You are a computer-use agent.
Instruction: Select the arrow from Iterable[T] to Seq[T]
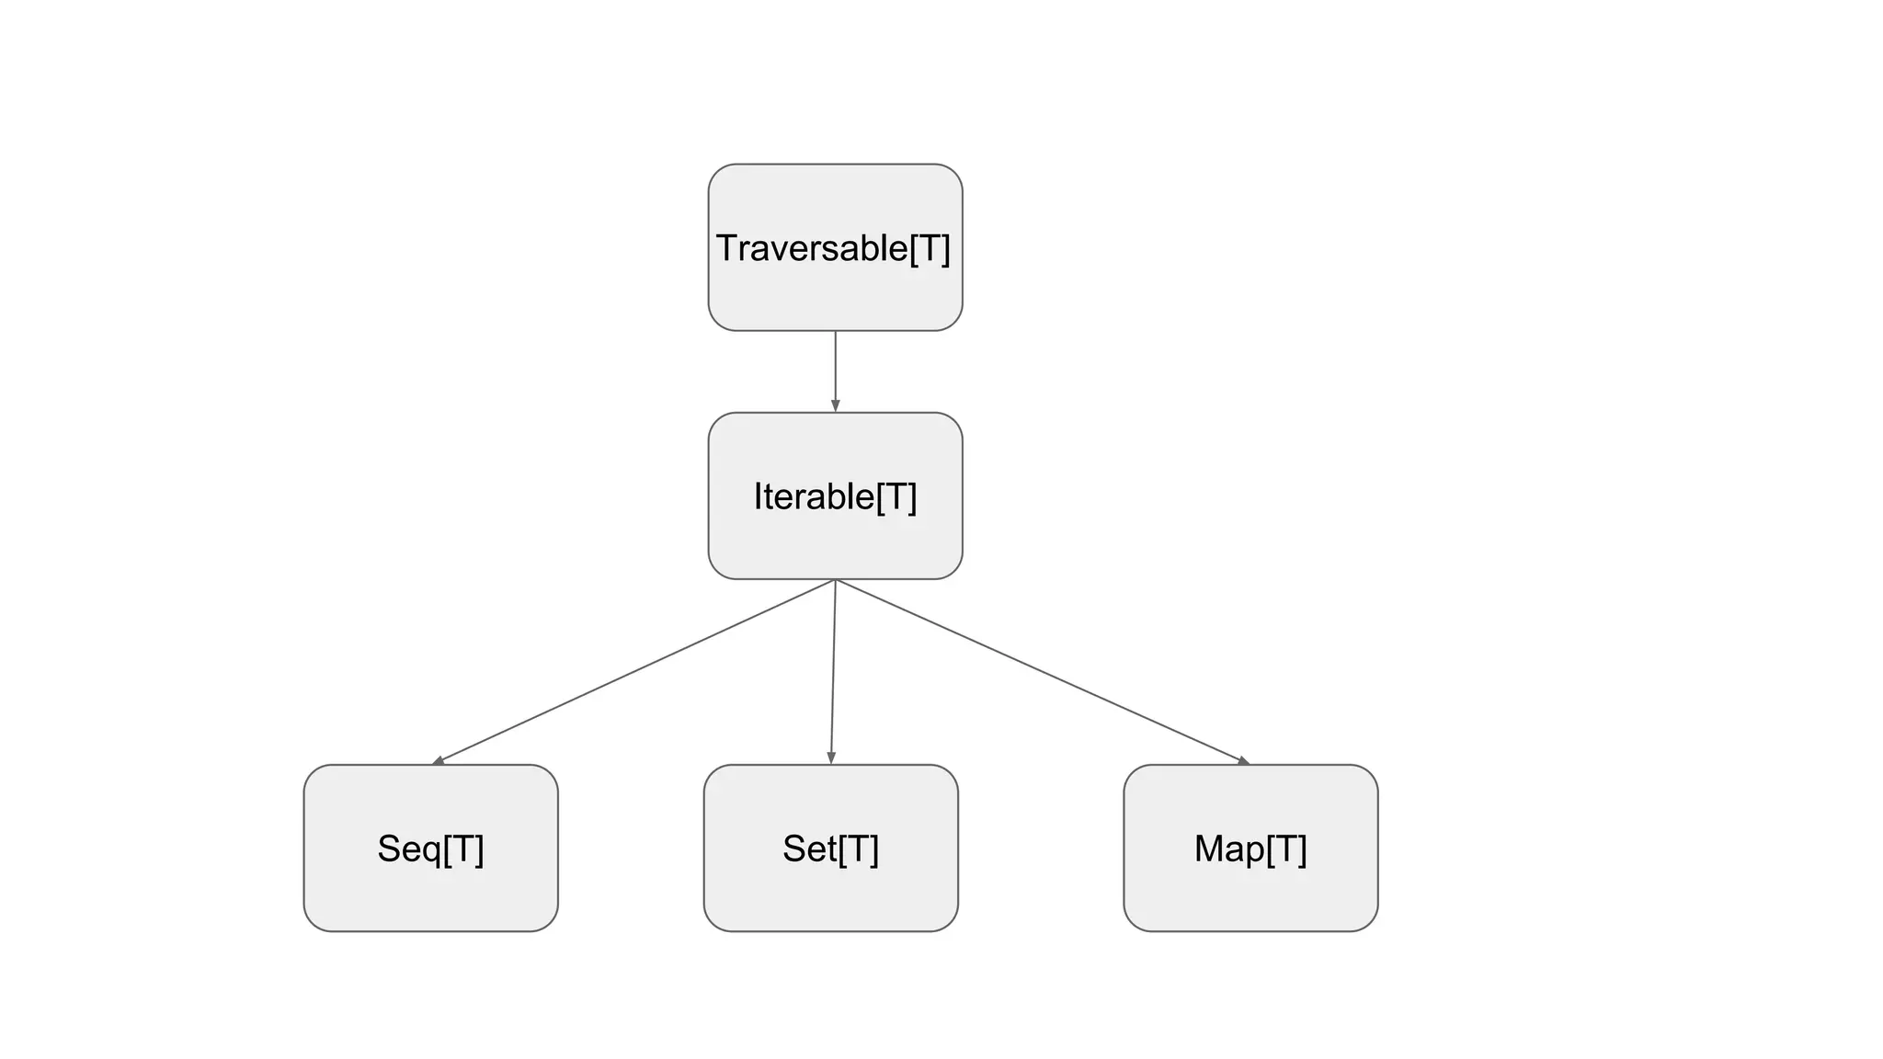coord(634,671)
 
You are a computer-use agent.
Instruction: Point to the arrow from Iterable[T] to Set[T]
coord(833,671)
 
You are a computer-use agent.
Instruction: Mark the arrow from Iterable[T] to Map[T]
coord(1039,671)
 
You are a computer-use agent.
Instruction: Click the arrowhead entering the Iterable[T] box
coord(835,405)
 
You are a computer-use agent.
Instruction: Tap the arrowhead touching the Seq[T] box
coord(439,760)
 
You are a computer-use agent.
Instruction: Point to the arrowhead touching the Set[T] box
coord(831,757)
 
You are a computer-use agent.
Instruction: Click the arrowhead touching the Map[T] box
coord(1243,760)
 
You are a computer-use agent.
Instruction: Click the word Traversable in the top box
coord(811,248)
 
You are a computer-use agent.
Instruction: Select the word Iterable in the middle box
coord(814,496)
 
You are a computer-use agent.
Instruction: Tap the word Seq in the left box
coord(409,848)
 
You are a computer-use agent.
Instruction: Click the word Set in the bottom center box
coord(809,848)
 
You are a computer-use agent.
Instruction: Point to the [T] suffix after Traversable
coord(930,248)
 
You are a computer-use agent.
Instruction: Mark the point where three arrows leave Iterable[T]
coord(835,580)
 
